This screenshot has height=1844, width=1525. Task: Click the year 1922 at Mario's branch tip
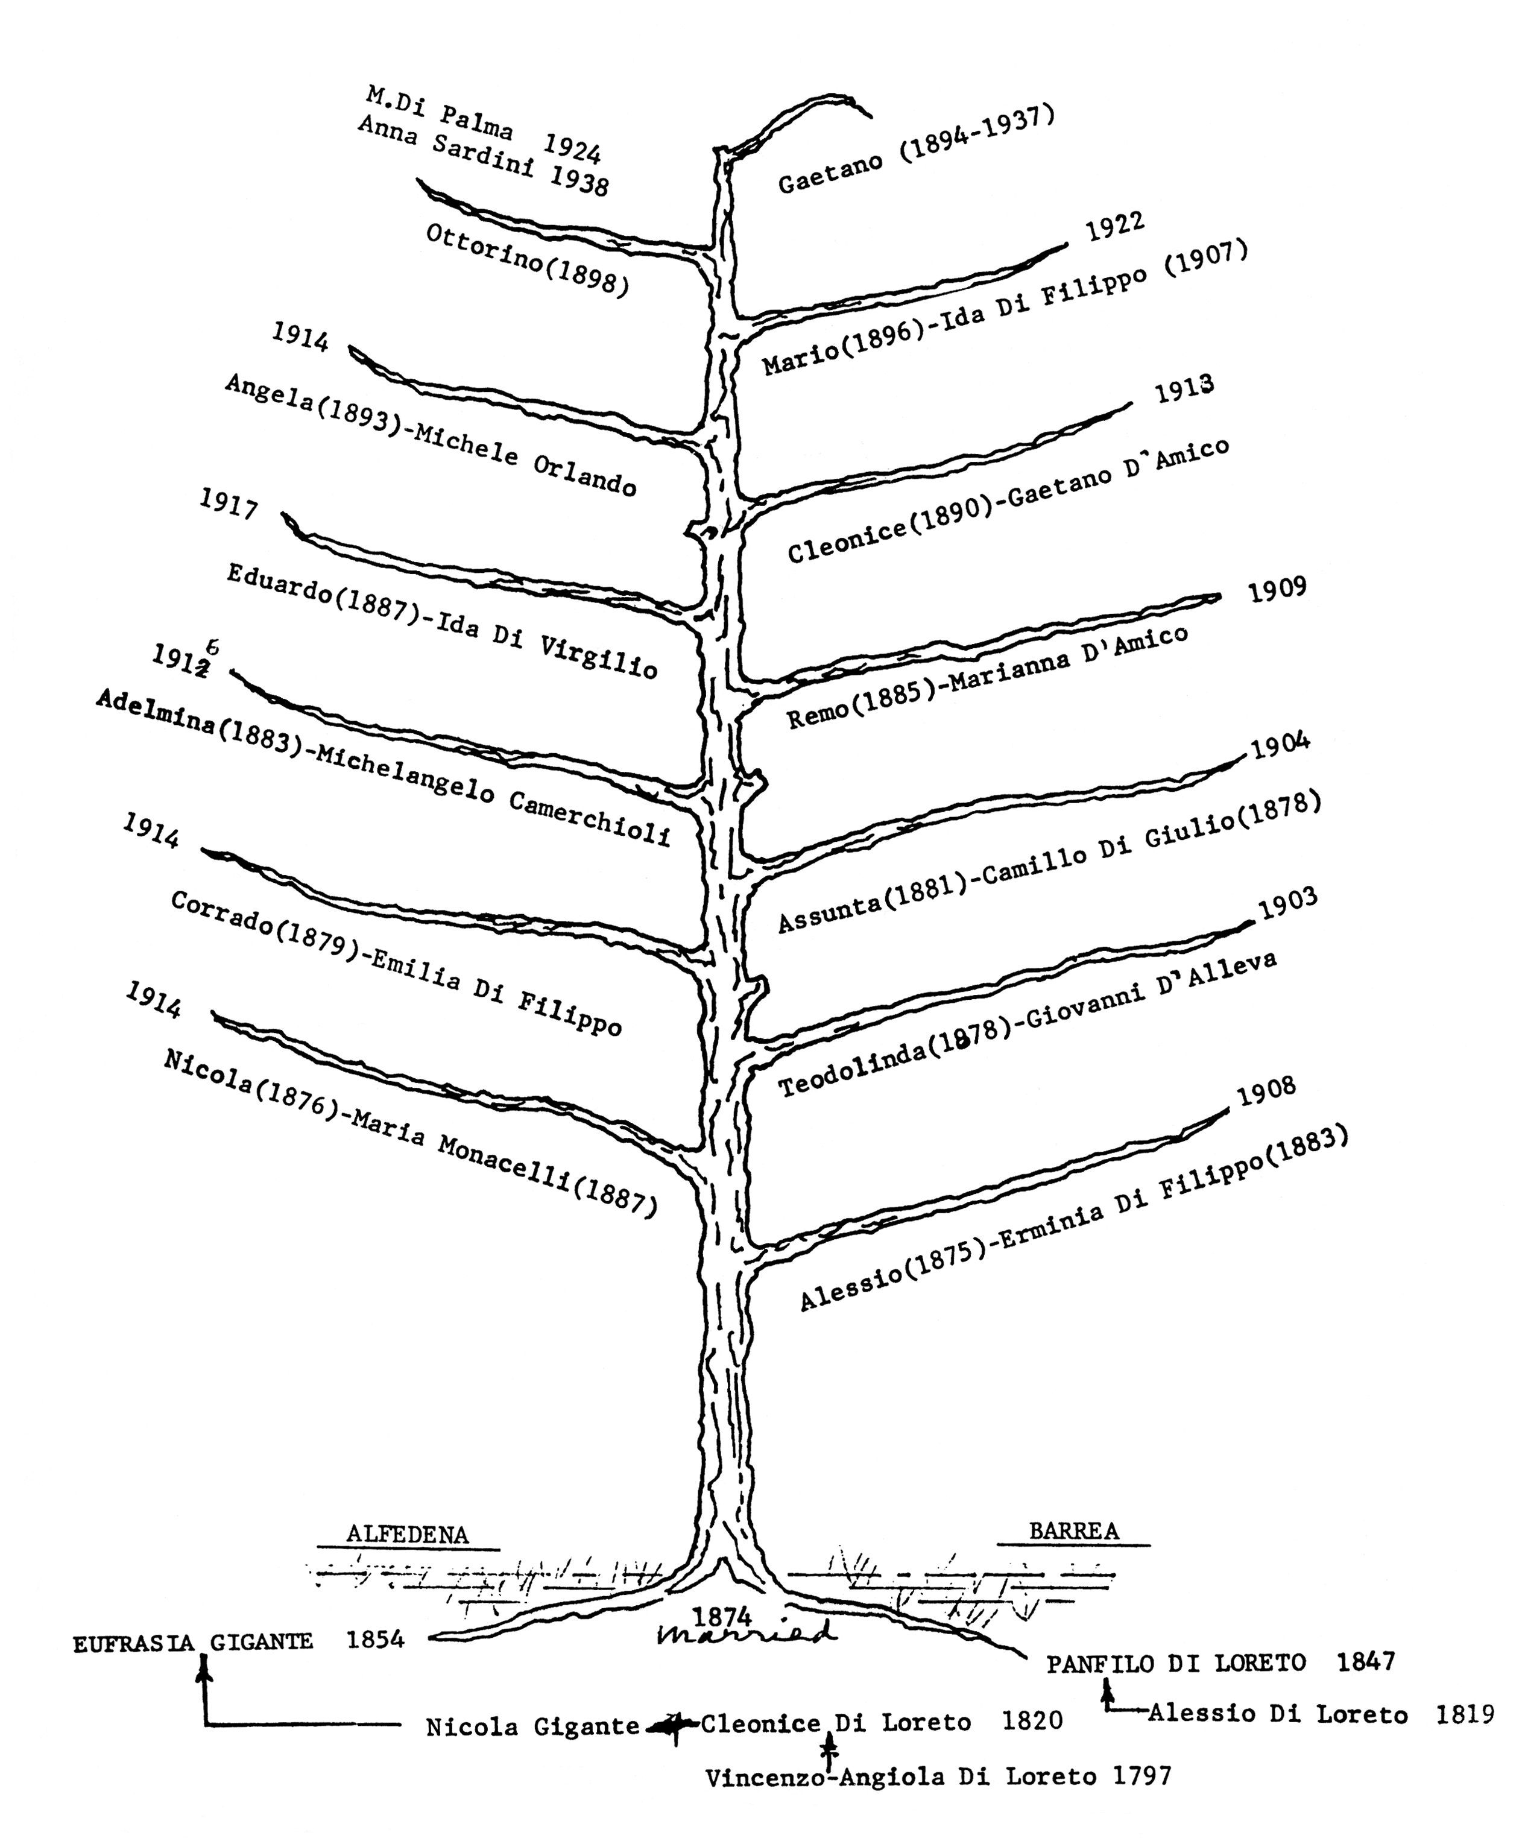(x=1115, y=227)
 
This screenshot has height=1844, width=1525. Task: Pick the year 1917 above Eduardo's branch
(x=229, y=504)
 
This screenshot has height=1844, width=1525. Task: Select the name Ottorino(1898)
(x=528, y=260)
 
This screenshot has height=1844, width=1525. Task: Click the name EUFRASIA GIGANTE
(x=192, y=1641)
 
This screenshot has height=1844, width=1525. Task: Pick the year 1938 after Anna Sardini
(x=579, y=180)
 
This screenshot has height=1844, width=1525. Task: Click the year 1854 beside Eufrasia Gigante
(x=375, y=1640)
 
